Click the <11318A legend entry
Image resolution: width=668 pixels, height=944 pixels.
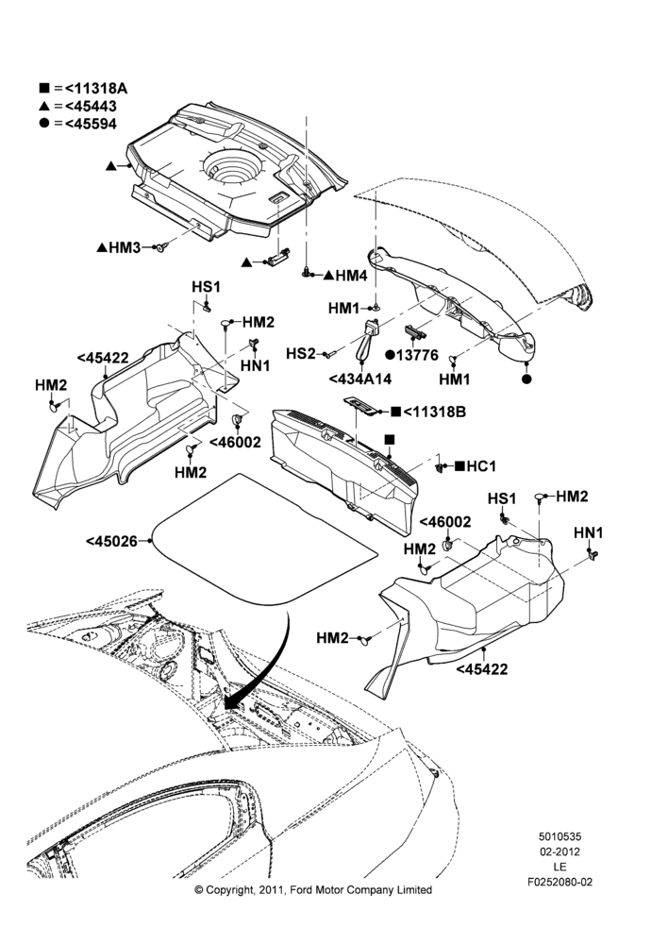pos(84,89)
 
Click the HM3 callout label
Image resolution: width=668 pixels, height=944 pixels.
pos(119,247)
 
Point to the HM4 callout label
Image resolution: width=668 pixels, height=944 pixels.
pos(345,276)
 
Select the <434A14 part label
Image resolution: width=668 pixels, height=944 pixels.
pos(359,379)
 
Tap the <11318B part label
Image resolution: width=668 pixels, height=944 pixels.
pos(428,413)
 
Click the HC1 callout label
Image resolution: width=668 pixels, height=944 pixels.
pos(476,466)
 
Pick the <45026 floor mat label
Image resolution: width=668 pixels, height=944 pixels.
pos(111,541)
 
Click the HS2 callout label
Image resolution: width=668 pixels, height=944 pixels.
pos(300,353)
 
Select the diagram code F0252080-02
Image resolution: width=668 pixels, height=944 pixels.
pos(559,882)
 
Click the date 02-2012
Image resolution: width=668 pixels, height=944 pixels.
pos(559,851)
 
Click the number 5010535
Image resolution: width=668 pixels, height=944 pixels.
pos(559,836)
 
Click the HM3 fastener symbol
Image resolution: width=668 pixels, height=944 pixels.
pos(160,246)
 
